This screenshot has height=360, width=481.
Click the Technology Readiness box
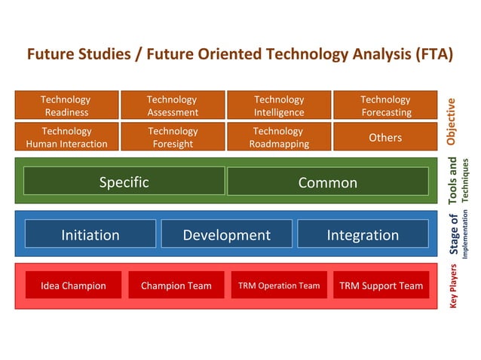tap(66, 105)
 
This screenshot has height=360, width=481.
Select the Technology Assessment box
tap(173, 105)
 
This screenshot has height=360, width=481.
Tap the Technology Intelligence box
tap(279, 105)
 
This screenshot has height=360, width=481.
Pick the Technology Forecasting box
tap(385, 105)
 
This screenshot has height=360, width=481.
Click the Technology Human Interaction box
tap(66, 137)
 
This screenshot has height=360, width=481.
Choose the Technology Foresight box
tap(173, 137)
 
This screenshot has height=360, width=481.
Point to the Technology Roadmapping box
tap(279, 137)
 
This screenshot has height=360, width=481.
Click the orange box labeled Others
tap(385, 137)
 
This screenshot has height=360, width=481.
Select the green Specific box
tap(124, 182)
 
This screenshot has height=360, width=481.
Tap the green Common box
tap(327, 182)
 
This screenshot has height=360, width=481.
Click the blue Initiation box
tap(90, 234)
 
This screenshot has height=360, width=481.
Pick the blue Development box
tap(226, 234)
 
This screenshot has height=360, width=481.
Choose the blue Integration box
tap(363, 234)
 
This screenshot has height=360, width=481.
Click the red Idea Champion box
tap(73, 285)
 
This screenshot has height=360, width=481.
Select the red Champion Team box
tap(176, 285)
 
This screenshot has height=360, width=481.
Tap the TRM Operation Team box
tap(279, 285)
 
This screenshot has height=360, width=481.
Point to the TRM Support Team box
tap(381, 285)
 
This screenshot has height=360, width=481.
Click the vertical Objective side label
tap(452, 121)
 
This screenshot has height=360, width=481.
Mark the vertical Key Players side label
tap(453, 286)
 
